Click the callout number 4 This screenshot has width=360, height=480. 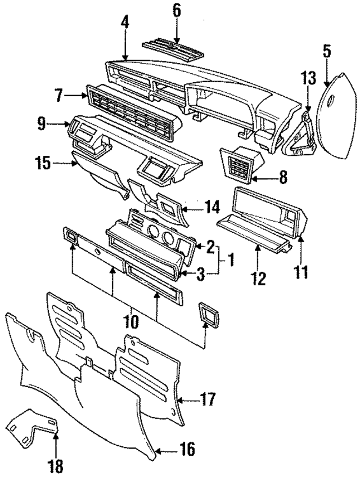click(125, 24)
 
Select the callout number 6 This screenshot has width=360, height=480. click(177, 11)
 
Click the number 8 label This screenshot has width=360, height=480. click(282, 178)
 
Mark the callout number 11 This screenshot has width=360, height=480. click(301, 273)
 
